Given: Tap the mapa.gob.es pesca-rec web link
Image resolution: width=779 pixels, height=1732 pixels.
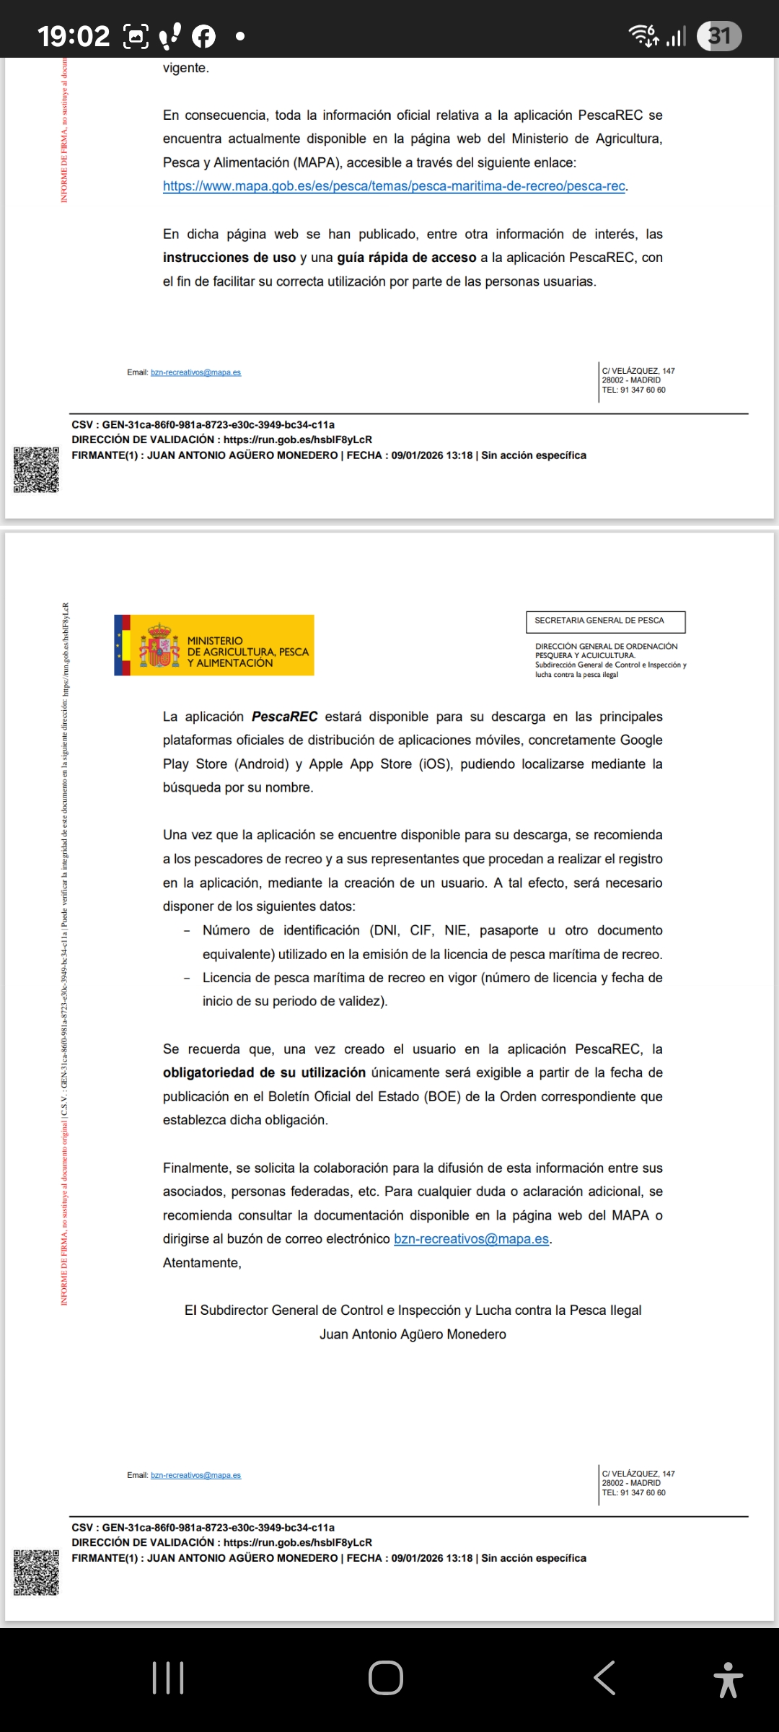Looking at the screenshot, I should [395, 186].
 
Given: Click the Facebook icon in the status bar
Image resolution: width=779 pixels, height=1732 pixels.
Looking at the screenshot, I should [203, 36].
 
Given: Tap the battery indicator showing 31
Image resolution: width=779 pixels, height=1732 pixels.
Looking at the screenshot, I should [719, 36].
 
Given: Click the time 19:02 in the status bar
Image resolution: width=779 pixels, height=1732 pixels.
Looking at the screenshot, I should [74, 36].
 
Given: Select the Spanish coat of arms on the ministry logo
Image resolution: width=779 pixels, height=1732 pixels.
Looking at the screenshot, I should [159, 645].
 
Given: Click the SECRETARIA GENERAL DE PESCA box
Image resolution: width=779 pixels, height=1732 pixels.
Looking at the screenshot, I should [605, 621].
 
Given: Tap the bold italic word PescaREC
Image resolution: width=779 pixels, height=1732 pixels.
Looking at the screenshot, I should [284, 717].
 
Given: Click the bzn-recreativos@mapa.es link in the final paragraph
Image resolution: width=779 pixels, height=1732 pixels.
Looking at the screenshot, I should [471, 1239].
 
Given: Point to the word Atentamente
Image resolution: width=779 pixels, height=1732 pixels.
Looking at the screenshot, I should [202, 1263].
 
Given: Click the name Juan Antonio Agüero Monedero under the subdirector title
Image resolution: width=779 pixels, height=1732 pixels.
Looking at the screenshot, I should [413, 1334].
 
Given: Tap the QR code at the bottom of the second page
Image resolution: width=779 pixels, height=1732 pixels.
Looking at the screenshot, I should [36, 1572].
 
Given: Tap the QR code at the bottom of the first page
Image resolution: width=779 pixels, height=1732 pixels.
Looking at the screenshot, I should [36, 470].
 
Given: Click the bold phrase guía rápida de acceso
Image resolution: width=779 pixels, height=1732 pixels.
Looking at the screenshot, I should [406, 258].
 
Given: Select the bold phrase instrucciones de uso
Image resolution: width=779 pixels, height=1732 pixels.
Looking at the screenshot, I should [229, 258].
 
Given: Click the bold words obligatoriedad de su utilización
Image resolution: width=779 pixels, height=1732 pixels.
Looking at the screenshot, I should [264, 1073].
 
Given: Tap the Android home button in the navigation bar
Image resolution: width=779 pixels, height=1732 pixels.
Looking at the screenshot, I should [386, 1678].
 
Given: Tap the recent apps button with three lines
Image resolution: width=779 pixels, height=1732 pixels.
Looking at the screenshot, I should [168, 1678].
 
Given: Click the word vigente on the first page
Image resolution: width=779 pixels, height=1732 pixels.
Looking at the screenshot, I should [185, 69].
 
